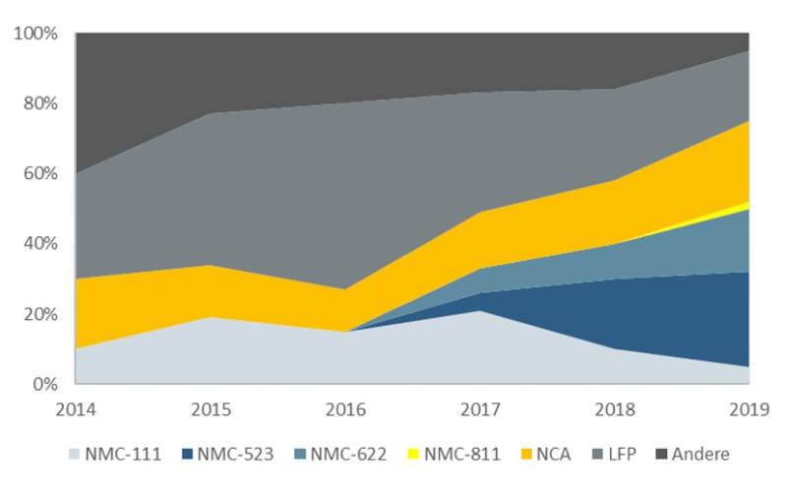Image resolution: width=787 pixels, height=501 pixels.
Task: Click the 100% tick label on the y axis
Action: [x=36, y=33]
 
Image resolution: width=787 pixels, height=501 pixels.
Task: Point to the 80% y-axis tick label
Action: [x=40, y=103]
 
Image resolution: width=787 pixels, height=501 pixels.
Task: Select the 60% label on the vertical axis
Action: [x=40, y=173]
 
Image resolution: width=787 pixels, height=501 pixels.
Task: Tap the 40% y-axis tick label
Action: [x=40, y=243]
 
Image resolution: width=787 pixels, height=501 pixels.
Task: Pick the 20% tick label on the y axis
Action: [x=40, y=314]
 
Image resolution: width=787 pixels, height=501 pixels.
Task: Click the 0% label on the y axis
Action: [x=44, y=384]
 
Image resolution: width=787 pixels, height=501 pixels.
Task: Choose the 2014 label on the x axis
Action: [x=77, y=407]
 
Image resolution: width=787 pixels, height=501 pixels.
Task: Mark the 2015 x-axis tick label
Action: [x=212, y=407]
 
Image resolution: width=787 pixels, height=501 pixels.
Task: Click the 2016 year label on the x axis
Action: [x=345, y=407]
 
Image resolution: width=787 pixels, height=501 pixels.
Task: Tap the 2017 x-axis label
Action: [x=480, y=407]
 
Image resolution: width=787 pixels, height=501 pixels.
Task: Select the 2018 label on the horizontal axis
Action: [x=615, y=407]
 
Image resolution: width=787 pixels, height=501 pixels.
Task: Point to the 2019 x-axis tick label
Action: [x=749, y=407]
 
